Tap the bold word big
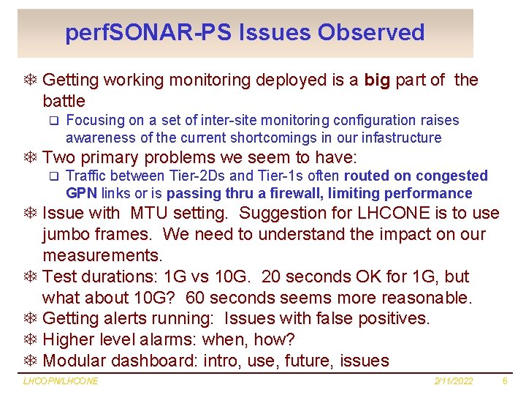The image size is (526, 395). point(377,80)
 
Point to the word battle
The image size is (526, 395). point(64,101)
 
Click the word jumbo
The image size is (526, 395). point(66,235)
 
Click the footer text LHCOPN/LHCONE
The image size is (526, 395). point(61,381)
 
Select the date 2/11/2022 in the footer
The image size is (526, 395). point(453,381)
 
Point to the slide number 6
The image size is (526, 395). point(505,381)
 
